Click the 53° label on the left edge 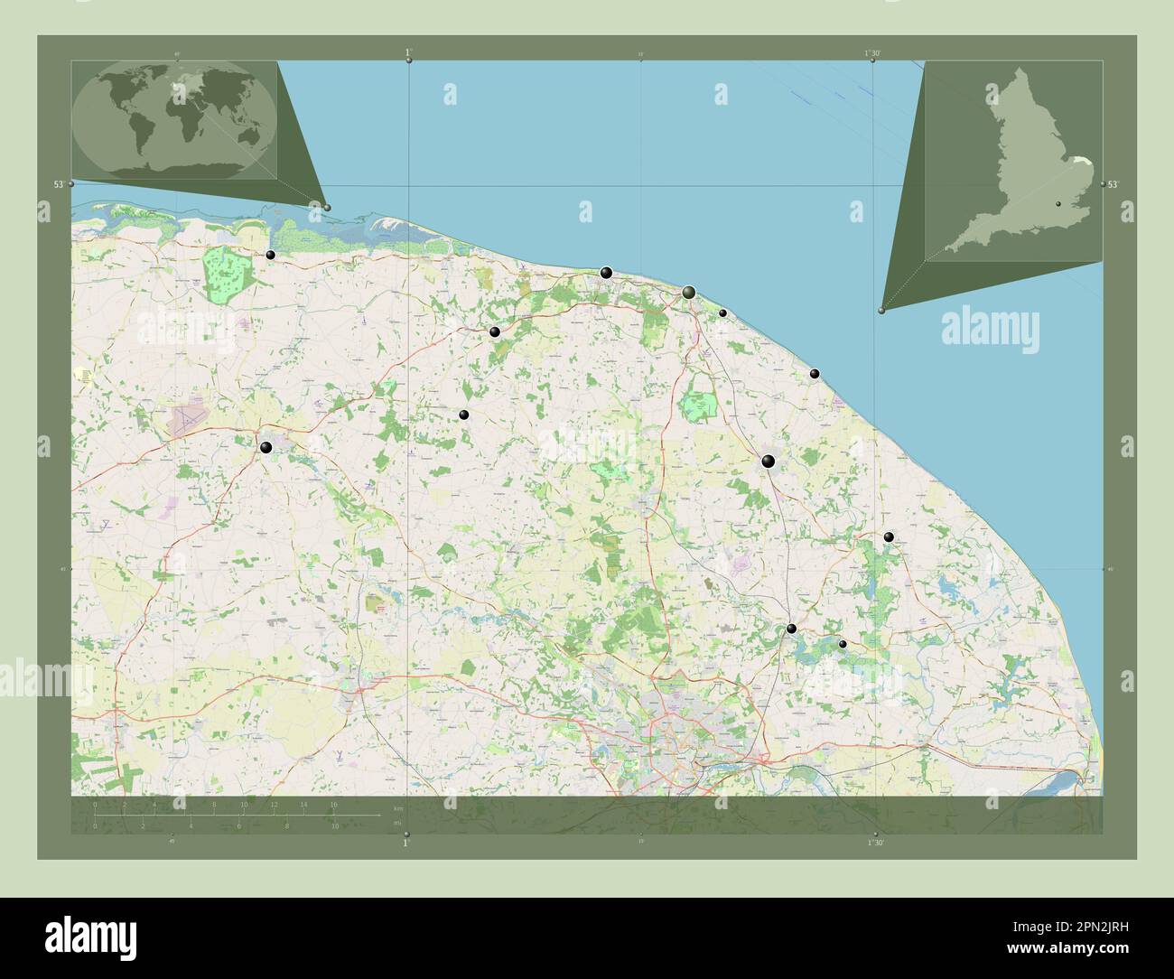tap(59, 184)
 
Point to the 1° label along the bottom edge tap(405, 843)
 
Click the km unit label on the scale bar tap(398, 807)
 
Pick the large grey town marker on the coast tap(689, 292)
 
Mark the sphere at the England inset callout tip tap(881, 310)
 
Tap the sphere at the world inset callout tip tap(327, 208)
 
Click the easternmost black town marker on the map tap(889, 536)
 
